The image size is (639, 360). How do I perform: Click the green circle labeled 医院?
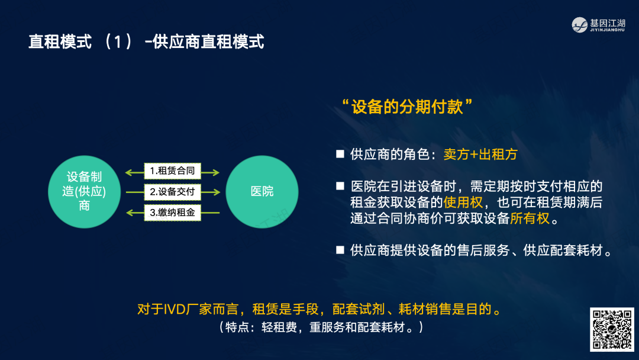(x=262, y=192)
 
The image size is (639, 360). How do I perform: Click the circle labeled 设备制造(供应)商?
(x=85, y=192)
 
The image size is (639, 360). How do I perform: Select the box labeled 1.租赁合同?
(x=172, y=171)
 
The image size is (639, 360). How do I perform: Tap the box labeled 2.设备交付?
(x=172, y=192)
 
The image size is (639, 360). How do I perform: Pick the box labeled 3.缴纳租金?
(x=172, y=213)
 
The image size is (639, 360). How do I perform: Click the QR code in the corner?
(x=612, y=329)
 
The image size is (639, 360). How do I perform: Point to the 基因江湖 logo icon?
(x=579, y=25)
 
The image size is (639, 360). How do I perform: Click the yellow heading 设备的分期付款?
(x=407, y=107)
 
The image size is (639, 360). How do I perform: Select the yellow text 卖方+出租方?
(x=480, y=155)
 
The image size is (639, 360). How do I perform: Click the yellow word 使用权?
(x=463, y=202)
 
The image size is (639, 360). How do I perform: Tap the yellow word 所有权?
(x=530, y=218)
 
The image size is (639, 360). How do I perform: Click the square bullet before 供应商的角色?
(x=340, y=154)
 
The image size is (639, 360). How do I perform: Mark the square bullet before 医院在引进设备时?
(x=340, y=186)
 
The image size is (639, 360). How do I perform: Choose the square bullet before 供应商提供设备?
(x=340, y=250)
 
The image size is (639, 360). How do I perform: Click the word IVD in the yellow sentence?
(x=175, y=310)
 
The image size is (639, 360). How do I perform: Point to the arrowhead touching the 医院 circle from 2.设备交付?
(x=217, y=192)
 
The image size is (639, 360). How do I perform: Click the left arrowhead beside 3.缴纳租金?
(x=130, y=213)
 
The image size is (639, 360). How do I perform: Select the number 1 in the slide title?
(x=118, y=42)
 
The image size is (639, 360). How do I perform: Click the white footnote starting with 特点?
(x=321, y=327)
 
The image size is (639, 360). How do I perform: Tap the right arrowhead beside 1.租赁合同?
(x=216, y=173)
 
